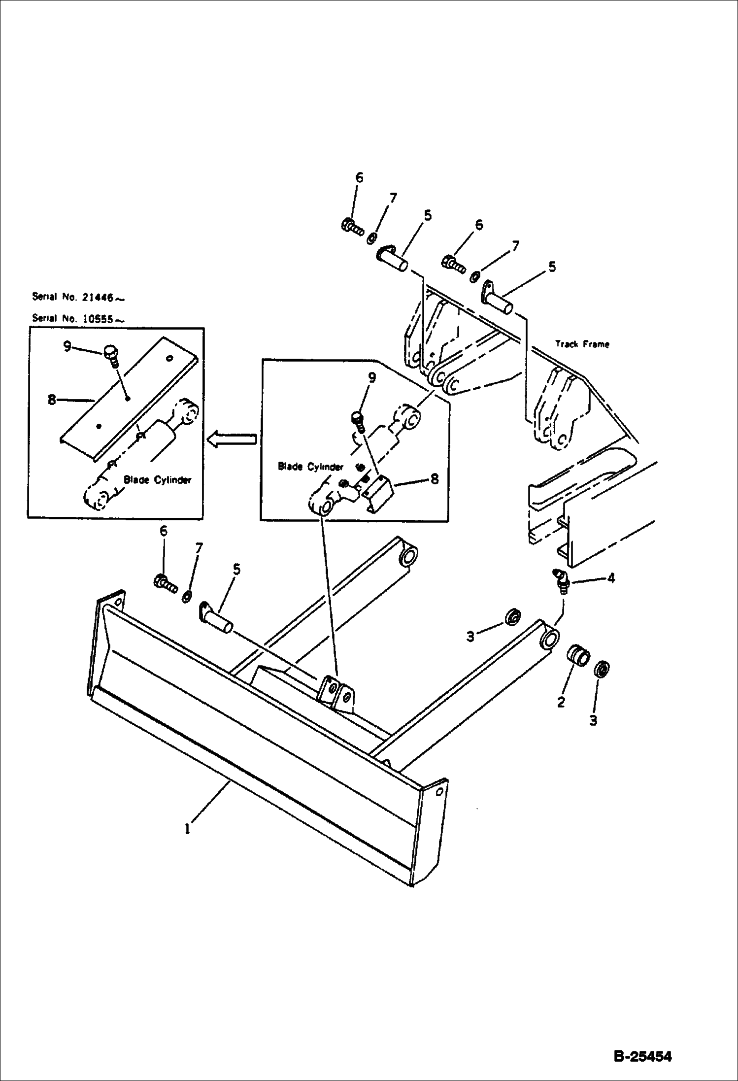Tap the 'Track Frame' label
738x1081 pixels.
(x=582, y=343)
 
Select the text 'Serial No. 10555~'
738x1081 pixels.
(x=78, y=318)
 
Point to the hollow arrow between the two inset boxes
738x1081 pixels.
(x=232, y=439)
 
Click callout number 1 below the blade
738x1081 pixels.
(x=187, y=829)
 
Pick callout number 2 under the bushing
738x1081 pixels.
(x=561, y=703)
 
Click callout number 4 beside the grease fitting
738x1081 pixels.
(x=611, y=577)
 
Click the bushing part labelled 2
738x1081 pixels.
(x=579, y=655)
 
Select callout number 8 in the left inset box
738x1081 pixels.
(x=52, y=400)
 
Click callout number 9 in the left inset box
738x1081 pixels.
(x=67, y=346)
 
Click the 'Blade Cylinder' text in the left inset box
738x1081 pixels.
(x=157, y=479)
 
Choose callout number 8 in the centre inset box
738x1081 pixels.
(x=434, y=478)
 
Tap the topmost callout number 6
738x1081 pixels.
(x=359, y=177)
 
